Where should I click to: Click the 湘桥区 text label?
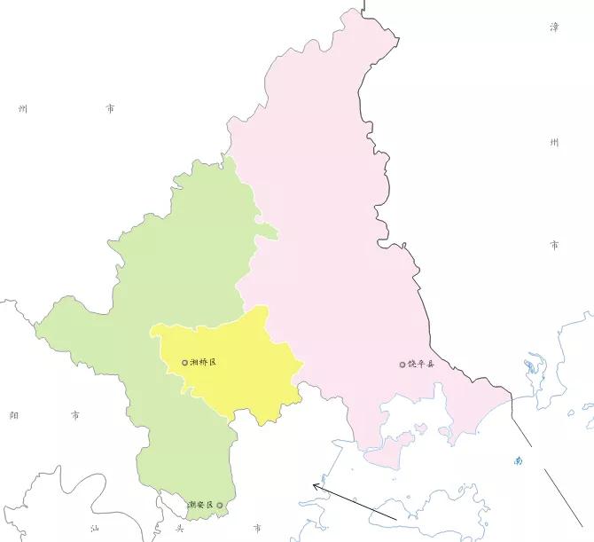pos(204,363)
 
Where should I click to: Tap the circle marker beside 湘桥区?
pos(184,363)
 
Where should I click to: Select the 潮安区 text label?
pos(200,506)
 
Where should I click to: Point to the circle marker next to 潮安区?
pos(220,506)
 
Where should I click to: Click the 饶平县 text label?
pos(422,364)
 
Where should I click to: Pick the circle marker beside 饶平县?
pos(402,364)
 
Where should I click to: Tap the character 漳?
pos(554,27)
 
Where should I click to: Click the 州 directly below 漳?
pos(554,142)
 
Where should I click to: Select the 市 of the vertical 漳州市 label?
pos(554,244)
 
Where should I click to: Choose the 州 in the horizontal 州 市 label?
pos(24,109)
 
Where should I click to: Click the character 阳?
pos(13,414)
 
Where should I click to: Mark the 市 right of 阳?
pos(75,414)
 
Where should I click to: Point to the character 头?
pos(179,529)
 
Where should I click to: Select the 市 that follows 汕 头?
pos(256,529)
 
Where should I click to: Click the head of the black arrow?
pos(314,484)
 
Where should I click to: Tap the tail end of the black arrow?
pos(395,516)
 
